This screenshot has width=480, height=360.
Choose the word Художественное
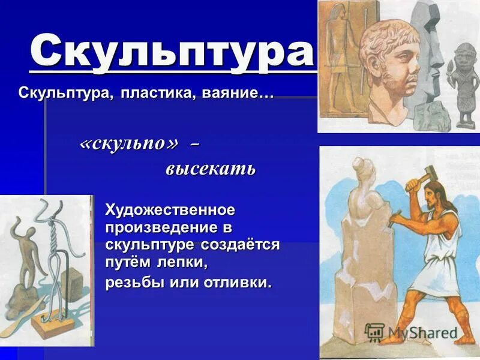pyautogui.click(x=170, y=211)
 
